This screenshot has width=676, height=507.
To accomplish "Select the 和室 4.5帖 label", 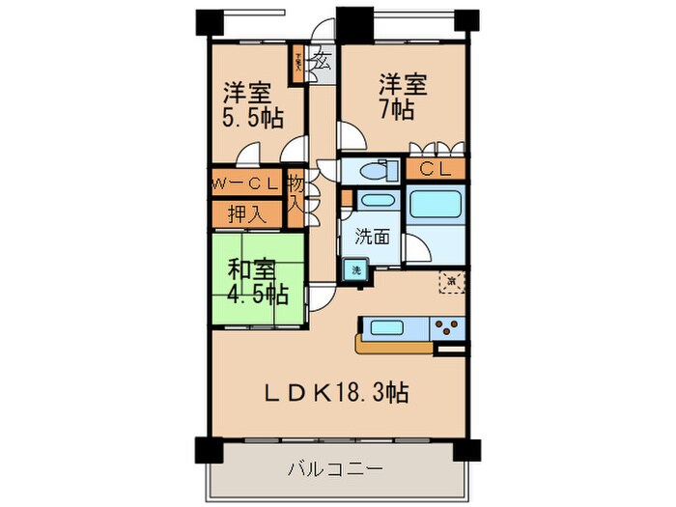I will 255,280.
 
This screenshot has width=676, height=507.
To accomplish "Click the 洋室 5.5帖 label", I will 249,107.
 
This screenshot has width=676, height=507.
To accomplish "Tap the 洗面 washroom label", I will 372,236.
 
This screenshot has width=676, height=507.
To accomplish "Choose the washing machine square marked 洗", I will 354,271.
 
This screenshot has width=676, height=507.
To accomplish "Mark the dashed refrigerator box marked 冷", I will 451,281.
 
